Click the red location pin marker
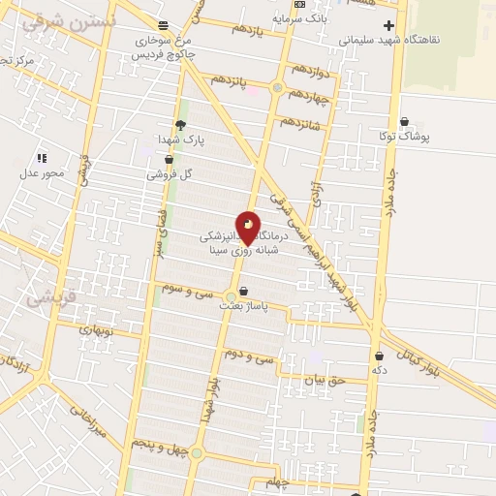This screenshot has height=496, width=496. click(x=248, y=229)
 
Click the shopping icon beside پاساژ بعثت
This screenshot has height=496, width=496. click(x=243, y=291)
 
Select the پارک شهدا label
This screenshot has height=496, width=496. click(x=181, y=140)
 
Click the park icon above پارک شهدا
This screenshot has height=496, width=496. click(x=180, y=124)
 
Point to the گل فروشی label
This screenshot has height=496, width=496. click(x=170, y=175)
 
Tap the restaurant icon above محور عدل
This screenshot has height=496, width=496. click(x=42, y=157)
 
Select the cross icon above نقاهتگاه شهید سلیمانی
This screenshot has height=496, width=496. click(x=389, y=25)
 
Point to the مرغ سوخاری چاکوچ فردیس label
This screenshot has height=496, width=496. click(x=161, y=48)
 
